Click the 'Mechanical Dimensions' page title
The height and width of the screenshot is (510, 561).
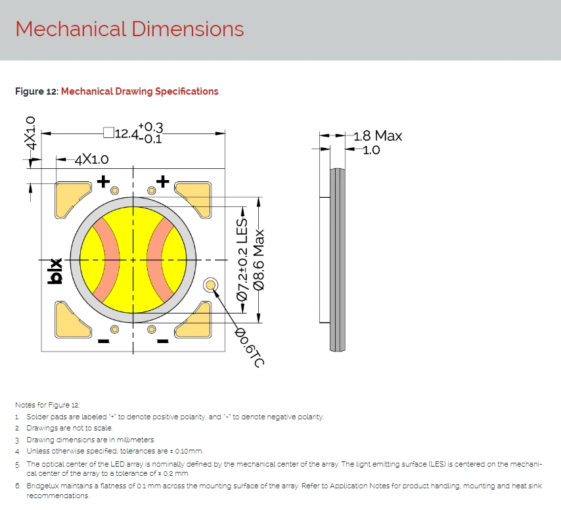(129, 29)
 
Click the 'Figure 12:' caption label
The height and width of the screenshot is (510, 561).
(37, 91)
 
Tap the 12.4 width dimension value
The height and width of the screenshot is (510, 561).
(126, 134)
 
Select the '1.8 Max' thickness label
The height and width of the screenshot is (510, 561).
(378, 136)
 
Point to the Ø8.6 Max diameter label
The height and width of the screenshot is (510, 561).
(259, 260)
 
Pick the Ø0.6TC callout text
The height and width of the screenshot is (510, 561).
(250, 347)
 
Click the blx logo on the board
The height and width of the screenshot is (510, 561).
(55, 271)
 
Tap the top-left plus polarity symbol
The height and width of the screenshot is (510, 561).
(103, 181)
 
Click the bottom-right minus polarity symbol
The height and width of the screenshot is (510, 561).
(163, 341)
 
